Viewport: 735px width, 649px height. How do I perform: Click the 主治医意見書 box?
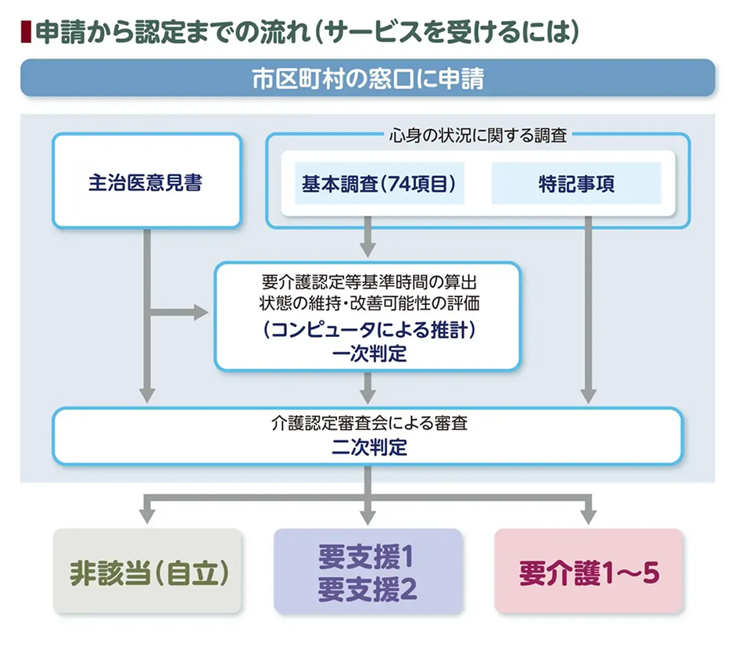point(146,181)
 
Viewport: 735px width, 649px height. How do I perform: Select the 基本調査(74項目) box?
point(378,183)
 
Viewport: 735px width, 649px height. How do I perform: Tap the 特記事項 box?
point(576,183)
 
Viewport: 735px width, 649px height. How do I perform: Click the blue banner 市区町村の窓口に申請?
point(367,78)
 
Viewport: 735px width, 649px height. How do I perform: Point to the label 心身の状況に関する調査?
point(478,134)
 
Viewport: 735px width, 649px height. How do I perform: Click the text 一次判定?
point(368,353)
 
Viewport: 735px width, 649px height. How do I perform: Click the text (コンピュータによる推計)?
point(368,330)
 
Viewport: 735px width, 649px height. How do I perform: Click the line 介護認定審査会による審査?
point(368,426)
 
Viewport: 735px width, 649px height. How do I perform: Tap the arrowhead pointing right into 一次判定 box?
point(200,314)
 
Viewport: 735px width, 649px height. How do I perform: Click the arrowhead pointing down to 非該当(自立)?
point(146,516)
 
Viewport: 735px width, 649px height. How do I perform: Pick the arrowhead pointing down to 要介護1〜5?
point(588,516)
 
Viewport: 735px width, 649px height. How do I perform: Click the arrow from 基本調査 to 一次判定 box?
point(368,242)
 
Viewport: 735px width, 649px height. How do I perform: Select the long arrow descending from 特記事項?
point(588,313)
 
